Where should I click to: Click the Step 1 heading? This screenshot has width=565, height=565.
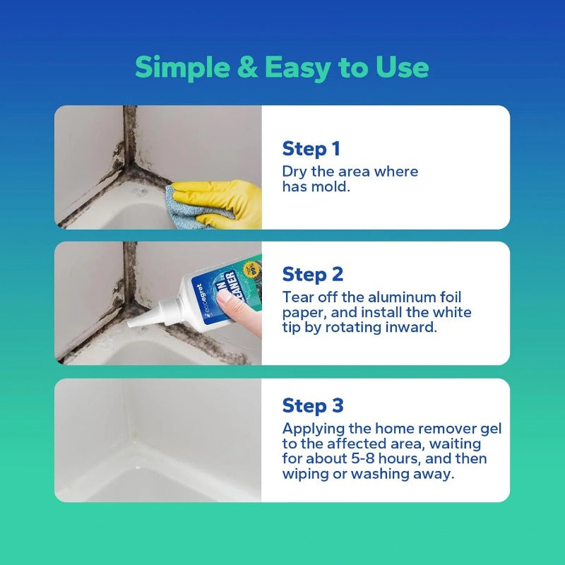(311, 149)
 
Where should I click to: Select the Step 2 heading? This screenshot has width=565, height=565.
(312, 274)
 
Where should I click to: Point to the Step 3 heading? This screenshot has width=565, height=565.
(313, 405)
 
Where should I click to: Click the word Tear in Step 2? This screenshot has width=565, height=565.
(297, 297)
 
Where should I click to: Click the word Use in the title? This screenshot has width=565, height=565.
(403, 68)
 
